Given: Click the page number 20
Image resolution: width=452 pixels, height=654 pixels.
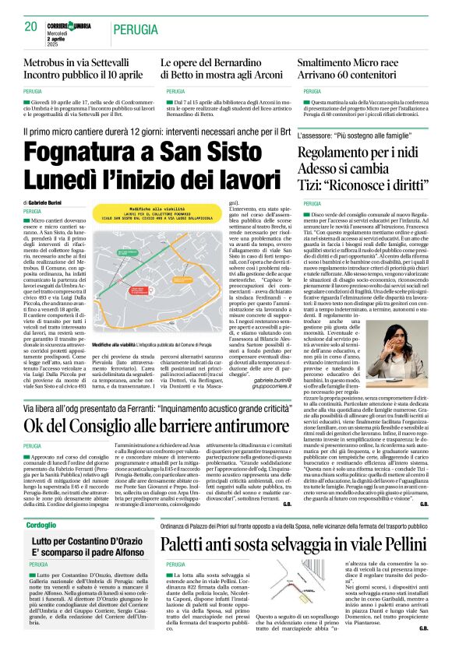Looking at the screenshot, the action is tap(30, 26).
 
